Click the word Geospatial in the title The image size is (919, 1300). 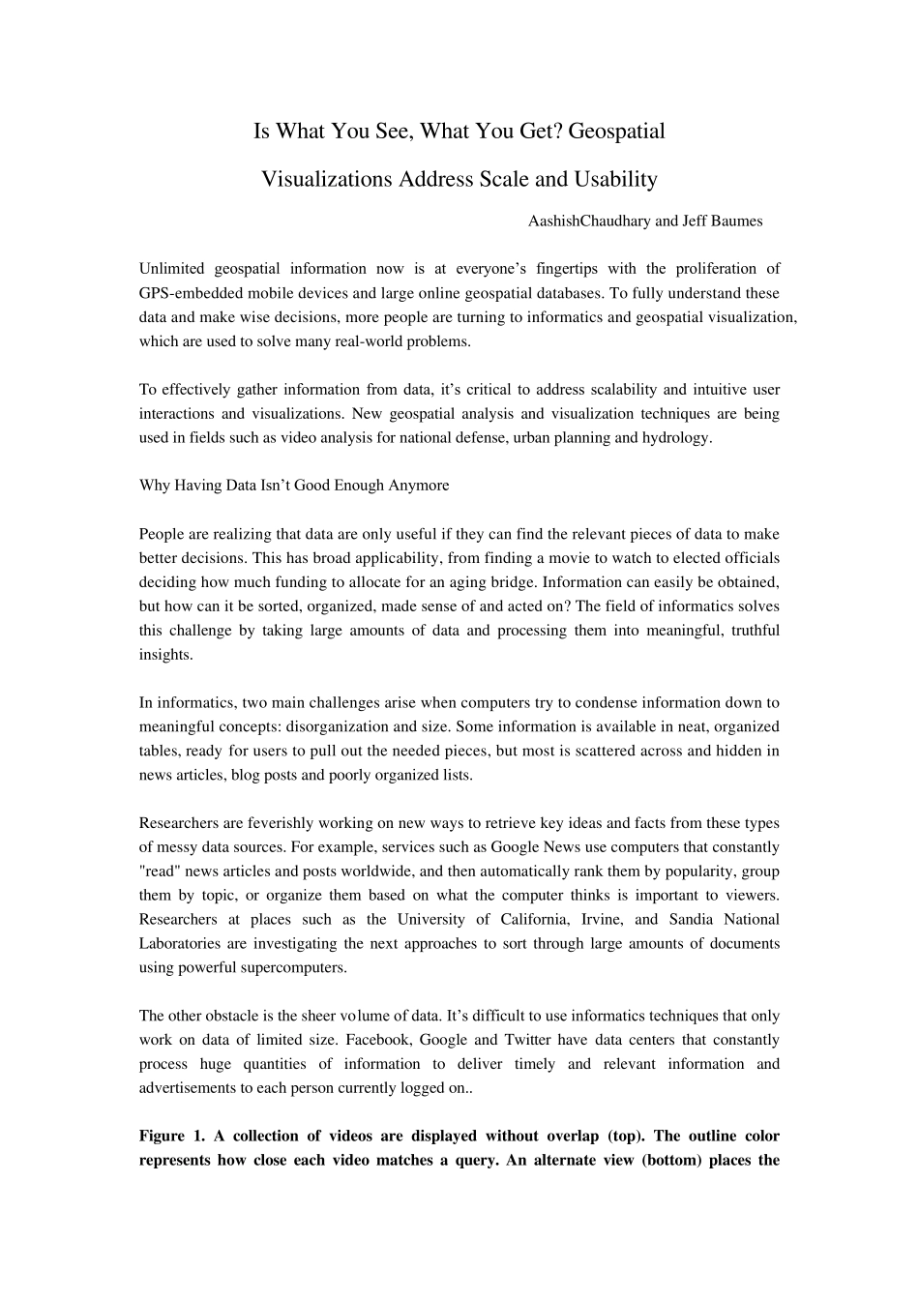(616, 131)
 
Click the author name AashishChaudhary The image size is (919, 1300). (589, 222)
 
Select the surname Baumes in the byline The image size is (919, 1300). (736, 222)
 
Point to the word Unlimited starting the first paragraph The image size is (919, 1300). (170, 269)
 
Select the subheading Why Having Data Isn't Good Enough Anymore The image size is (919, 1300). (294, 486)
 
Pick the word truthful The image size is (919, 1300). (751, 631)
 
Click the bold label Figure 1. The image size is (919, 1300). (169, 1137)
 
